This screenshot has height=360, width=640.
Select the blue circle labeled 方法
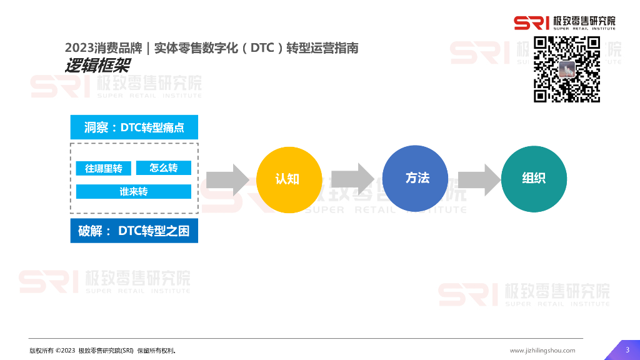[x=415, y=178]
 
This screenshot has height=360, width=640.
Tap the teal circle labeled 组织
[x=534, y=178]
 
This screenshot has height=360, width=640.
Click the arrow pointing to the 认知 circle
[x=228, y=179]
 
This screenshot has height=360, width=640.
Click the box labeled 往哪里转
[x=104, y=169]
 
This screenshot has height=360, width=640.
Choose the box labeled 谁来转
[x=134, y=191]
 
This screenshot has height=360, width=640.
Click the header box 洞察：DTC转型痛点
[x=134, y=127]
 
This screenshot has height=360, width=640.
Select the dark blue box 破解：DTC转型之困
[x=134, y=231]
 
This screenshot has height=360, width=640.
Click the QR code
[x=566, y=69]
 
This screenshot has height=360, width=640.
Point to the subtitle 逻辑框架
[x=96, y=66]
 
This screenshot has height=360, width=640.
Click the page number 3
[x=627, y=349]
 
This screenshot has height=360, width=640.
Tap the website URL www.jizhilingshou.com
[x=542, y=351]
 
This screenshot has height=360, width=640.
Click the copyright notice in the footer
[x=102, y=351]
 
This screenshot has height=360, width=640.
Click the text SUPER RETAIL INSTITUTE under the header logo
[x=584, y=28]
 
